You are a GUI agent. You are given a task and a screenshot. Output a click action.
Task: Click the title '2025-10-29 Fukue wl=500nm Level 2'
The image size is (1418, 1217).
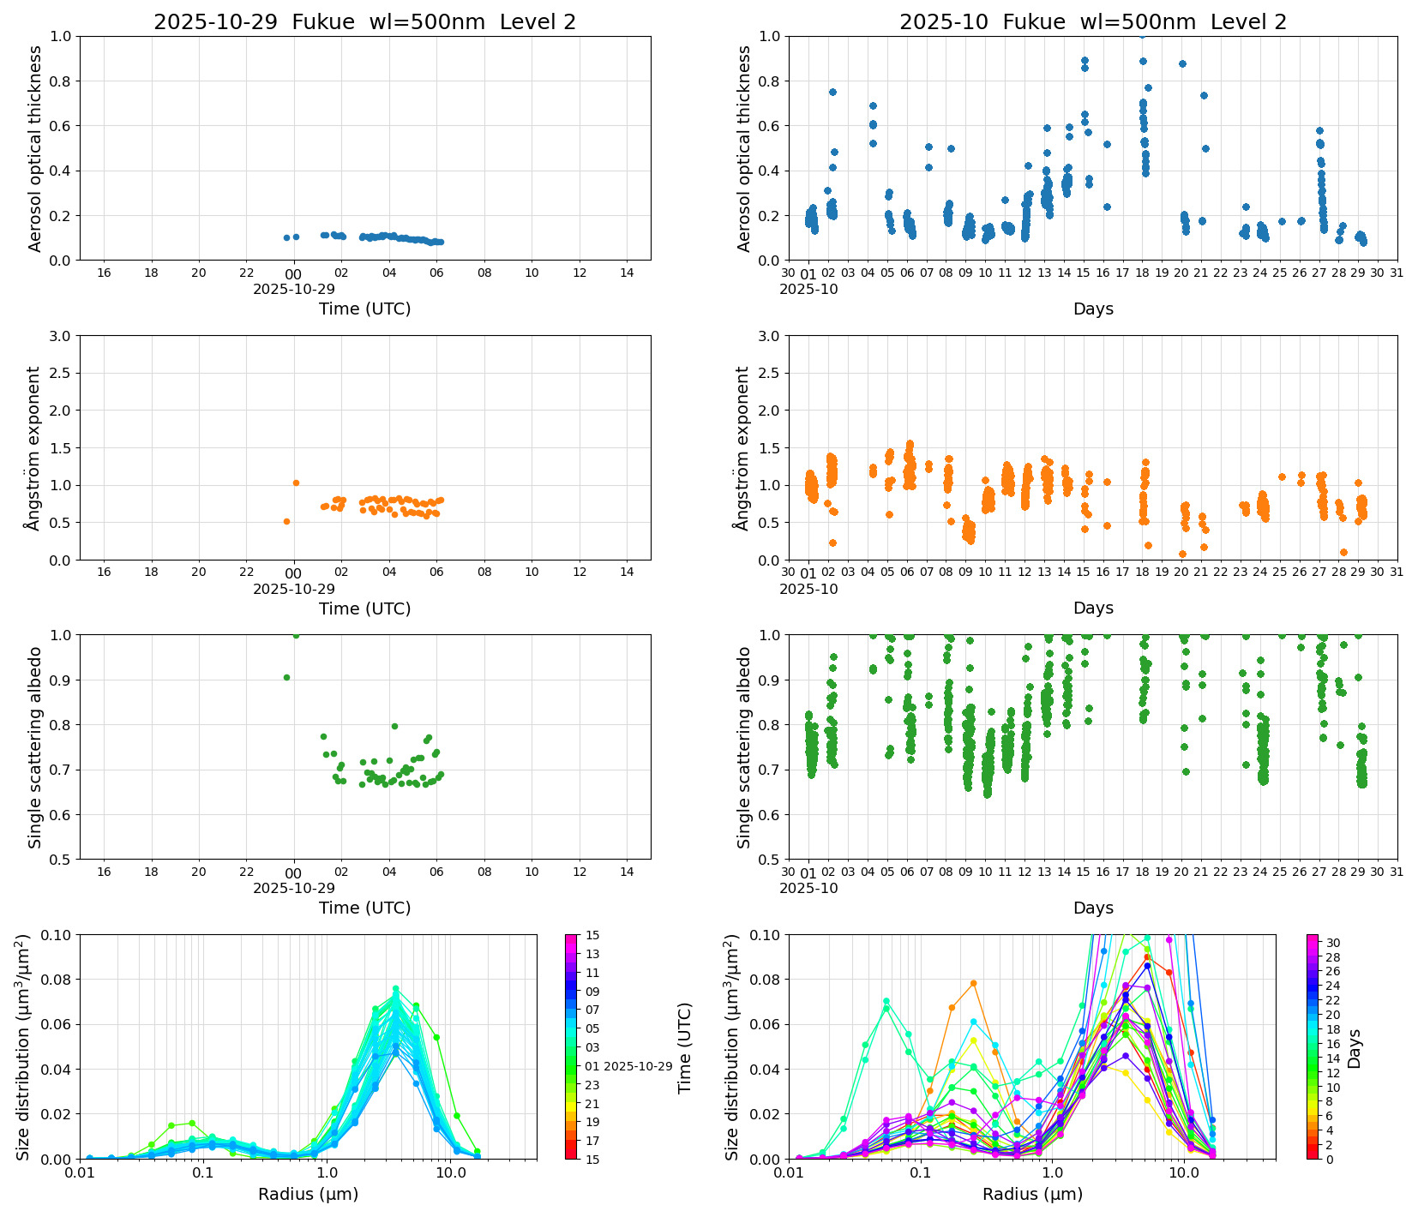click(364, 22)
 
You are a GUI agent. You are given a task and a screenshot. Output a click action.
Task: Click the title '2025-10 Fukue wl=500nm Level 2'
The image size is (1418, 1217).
click(1092, 22)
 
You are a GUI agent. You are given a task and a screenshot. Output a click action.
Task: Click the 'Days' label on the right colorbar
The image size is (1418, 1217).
click(1354, 1048)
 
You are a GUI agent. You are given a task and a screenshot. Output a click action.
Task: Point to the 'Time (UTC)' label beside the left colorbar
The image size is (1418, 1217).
click(684, 1048)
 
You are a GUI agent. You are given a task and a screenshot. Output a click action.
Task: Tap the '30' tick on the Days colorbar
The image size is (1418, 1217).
click(1333, 943)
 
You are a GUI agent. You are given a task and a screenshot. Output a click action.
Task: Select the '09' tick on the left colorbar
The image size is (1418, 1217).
click(592, 992)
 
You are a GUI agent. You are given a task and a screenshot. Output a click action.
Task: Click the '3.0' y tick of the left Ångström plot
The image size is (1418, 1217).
click(60, 336)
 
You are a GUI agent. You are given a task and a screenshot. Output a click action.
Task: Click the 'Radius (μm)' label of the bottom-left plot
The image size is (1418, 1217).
click(308, 1194)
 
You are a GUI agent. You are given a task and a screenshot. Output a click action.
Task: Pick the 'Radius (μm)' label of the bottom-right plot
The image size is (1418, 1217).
click(1032, 1194)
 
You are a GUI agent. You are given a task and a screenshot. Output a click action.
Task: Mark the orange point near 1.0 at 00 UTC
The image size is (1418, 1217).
click(296, 483)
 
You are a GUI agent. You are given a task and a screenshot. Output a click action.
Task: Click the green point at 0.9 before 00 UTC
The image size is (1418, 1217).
click(286, 677)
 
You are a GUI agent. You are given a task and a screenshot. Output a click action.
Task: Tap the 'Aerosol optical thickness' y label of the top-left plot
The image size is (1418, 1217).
click(35, 148)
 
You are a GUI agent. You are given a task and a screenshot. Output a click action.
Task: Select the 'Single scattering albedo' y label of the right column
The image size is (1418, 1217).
click(744, 747)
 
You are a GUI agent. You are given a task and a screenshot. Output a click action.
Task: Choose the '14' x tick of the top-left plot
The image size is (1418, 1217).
click(627, 273)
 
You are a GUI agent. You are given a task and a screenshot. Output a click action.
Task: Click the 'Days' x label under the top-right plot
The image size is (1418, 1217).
click(1092, 309)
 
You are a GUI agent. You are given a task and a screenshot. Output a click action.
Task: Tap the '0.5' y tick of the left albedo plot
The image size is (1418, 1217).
click(60, 860)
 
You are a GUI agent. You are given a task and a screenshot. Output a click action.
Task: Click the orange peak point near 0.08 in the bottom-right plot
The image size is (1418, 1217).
click(973, 983)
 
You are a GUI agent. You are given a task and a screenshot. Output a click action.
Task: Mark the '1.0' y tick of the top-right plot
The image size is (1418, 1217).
click(769, 36)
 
